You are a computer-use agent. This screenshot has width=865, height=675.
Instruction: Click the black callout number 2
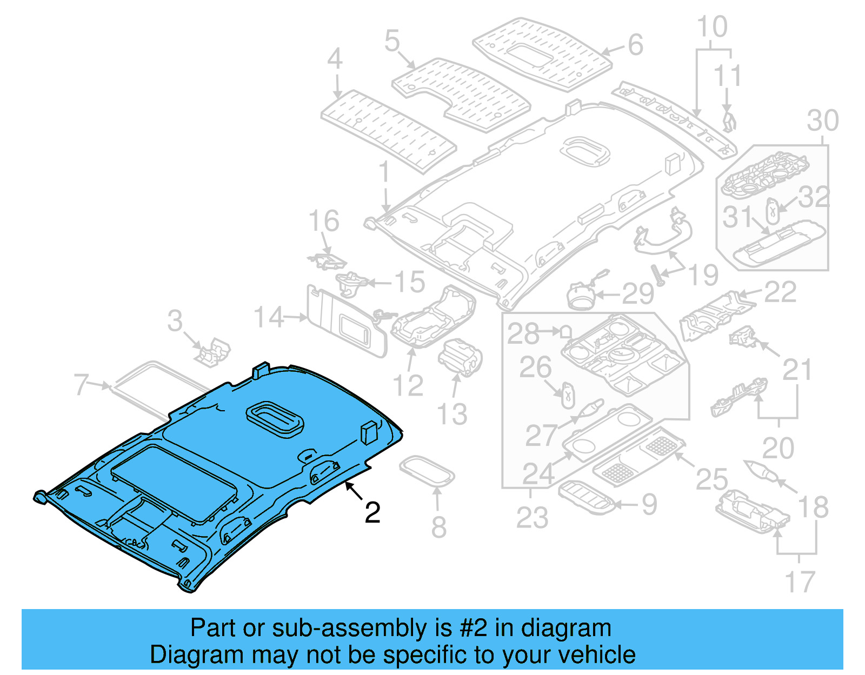(372, 512)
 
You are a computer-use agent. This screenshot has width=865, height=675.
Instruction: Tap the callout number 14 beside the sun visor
(269, 317)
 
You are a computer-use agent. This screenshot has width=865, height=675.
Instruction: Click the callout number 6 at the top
(635, 45)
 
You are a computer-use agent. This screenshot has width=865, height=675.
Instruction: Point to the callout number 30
(822, 121)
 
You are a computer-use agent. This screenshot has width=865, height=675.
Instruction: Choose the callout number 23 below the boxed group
(532, 518)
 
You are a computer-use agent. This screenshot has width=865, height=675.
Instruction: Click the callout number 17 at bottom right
(799, 582)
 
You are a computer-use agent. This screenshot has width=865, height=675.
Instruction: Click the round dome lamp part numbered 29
(580, 296)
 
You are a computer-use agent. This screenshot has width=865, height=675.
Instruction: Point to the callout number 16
(323, 222)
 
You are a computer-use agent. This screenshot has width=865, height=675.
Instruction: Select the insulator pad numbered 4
(387, 130)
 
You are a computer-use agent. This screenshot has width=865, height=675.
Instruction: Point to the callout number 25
(711, 479)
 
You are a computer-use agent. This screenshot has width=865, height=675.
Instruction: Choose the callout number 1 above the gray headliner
(384, 173)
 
